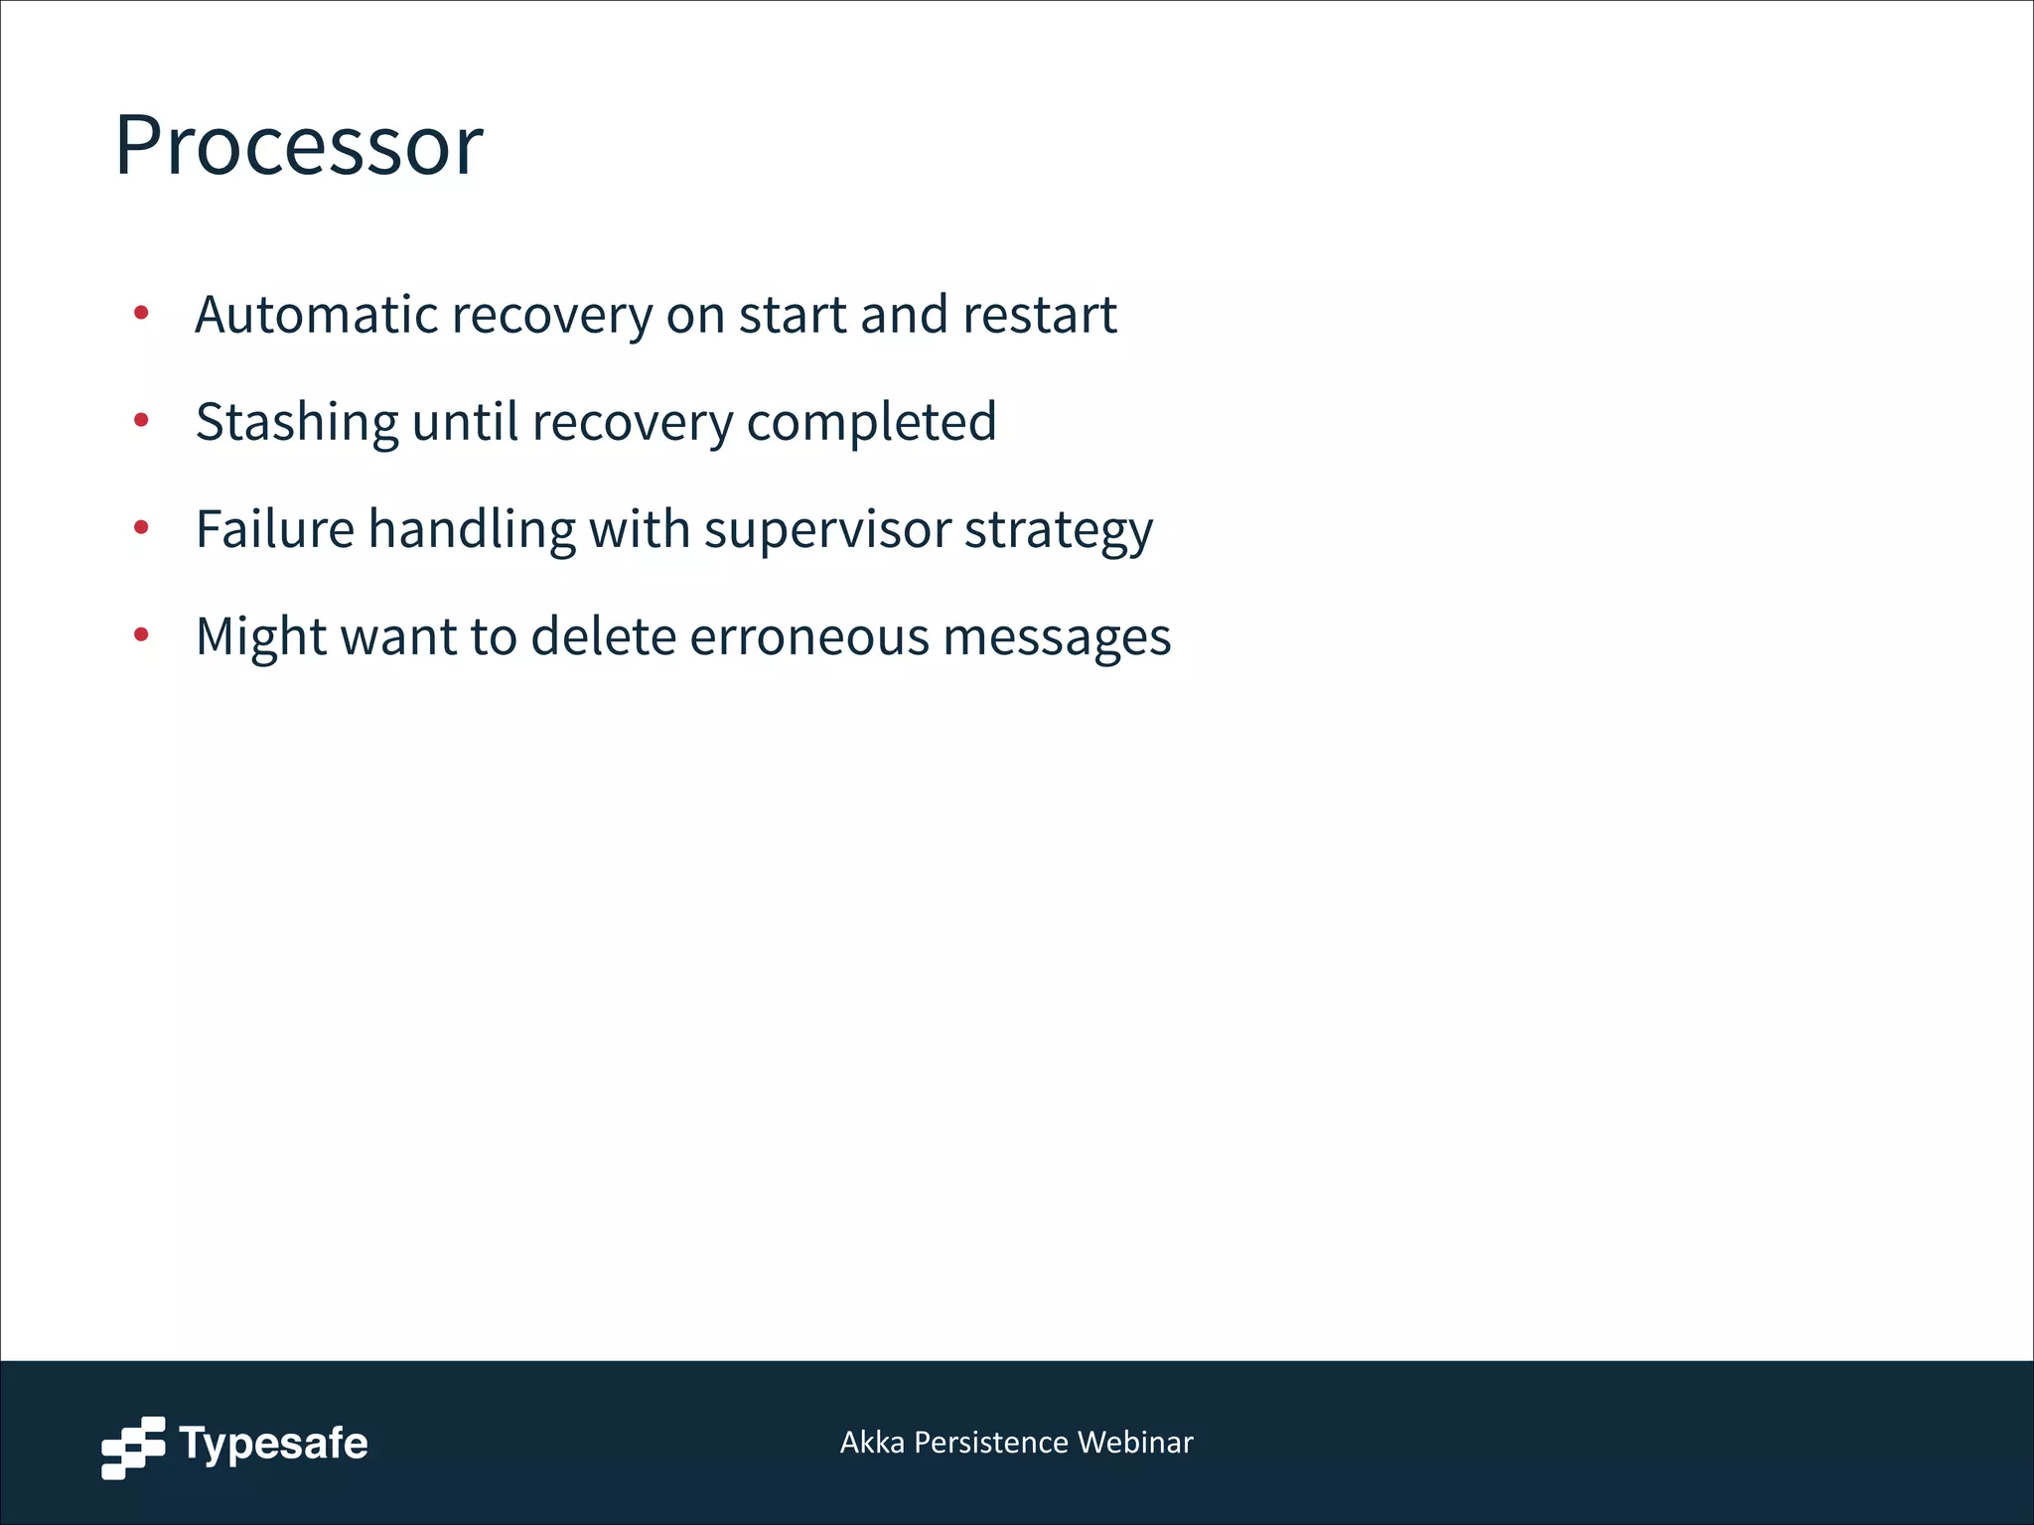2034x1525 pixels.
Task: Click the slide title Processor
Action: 298,146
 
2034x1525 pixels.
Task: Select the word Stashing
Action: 296,422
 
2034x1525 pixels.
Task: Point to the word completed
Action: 871,422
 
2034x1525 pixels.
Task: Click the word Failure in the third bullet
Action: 275,528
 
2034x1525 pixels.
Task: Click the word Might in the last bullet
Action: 261,636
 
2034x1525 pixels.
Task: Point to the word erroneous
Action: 809,635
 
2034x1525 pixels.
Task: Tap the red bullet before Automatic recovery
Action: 141,314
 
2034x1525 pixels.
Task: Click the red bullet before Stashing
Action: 141,421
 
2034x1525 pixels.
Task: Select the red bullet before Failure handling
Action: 141,527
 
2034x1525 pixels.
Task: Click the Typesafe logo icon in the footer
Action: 133,1448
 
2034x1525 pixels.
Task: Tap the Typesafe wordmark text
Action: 273,1444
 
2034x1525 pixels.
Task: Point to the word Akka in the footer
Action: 872,1442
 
